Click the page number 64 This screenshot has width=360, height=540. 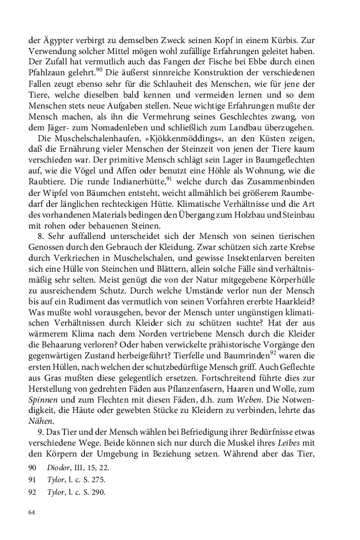tap(32, 513)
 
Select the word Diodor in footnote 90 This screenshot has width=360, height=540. tap(59, 468)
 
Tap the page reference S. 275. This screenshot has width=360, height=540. tap(95, 480)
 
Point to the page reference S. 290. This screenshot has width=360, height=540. tap(95, 492)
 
